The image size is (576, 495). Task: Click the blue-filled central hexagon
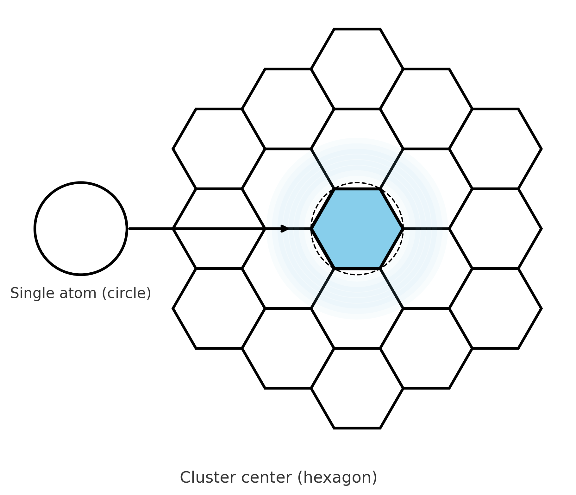point(357,228)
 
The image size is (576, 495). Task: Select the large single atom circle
point(81,228)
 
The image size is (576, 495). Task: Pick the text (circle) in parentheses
point(126,293)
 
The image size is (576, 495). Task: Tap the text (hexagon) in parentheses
point(337,478)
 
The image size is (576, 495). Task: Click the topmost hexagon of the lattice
point(357,69)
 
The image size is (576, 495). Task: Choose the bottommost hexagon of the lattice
point(357,388)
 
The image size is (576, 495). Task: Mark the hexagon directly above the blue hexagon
point(357,149)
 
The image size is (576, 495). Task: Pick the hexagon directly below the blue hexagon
point(357,308)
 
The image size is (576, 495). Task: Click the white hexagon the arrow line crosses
point(219,228)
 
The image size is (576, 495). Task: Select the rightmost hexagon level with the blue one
point(495,228)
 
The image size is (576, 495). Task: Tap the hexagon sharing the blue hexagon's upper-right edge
point(426,188)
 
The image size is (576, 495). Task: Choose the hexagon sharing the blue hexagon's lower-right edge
point(426,268)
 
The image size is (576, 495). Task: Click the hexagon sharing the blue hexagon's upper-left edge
point(288,188)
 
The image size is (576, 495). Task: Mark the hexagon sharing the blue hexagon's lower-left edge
point(288,268)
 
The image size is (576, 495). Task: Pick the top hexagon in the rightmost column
point(495,149)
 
